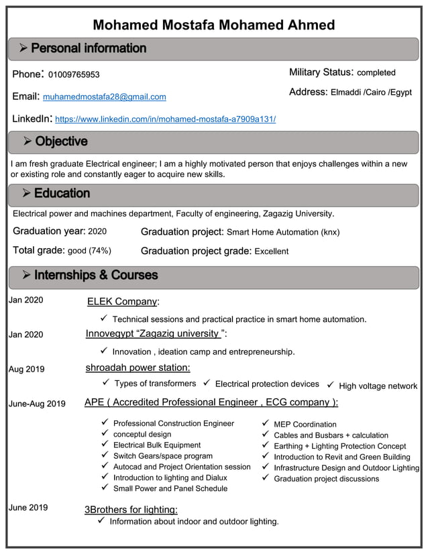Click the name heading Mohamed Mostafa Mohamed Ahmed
[x=213, y=25]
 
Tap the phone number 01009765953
[x=74, y=74]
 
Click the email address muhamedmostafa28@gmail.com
[x=105, y=97]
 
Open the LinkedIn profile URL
[x=165, y=119]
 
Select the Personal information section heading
[x=88, y=48]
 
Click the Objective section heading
[x=61, y=142]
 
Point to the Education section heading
[x=62, y=193]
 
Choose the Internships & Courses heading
[x=96, y=275]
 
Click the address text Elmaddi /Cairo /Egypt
[x=371, y=93]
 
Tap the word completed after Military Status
[x=376, y=72]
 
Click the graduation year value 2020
[x=97, y=232]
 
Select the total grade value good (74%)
[x=90, y=251]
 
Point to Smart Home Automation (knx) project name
[x=283, y=233]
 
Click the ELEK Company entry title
[x=123, y=302]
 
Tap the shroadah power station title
[x=138, y=368]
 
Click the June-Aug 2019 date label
[x=37, y=404]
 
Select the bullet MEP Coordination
[x=305, y=425]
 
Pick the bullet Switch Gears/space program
[x=163, y=456]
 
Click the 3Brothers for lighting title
[x=131, y=510]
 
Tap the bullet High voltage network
[x=378, y=386]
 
